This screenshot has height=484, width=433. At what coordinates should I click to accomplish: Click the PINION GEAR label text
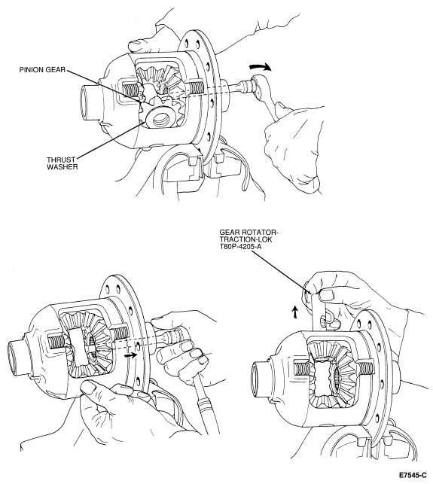coord(42,70)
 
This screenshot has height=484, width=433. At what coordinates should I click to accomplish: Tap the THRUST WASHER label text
coord(62,163)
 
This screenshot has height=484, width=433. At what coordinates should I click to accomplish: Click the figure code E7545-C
coord(413,475)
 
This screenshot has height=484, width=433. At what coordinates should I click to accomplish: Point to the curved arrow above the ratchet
coord(261,67)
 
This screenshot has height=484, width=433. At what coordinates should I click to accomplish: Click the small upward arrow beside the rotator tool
coord(295,312)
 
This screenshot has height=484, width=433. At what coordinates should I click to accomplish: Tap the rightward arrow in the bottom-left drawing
coord(130,355)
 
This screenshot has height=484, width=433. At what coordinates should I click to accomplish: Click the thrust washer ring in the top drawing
coord(157,117)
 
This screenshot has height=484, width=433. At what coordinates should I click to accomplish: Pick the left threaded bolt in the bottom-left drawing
coord(57,341)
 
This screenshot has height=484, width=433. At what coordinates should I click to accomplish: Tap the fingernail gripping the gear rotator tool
coord(326,295)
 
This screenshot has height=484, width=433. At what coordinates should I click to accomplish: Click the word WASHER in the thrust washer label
coord(62,167)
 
